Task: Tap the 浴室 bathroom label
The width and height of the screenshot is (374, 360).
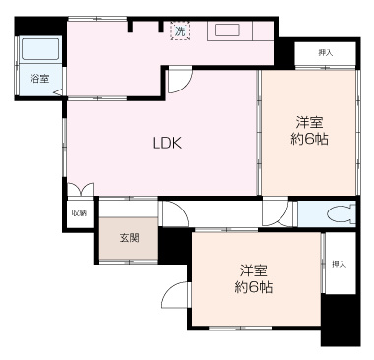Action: (x=39, y=78)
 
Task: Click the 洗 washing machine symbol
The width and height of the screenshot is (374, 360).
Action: (x=180, y=31)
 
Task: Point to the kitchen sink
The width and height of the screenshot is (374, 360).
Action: (x=229, y=30)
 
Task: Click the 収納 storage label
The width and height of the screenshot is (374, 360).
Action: (x=78, y=212)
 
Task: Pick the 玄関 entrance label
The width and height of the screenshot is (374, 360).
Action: (x=129, y=237)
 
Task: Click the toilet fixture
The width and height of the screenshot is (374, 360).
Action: (x=340, y=213)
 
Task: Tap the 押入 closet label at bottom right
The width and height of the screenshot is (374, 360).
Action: (x=339, y=264)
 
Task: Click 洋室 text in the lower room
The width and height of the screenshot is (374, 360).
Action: (x=253, y=270)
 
